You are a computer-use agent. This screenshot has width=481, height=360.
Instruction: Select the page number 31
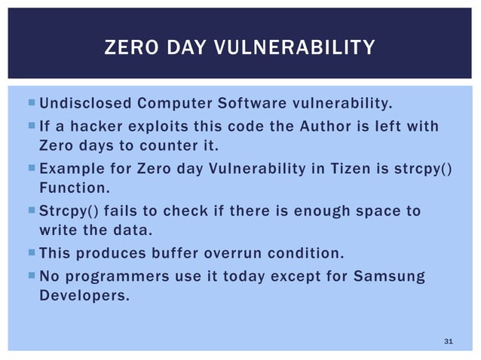(x=448, y=343)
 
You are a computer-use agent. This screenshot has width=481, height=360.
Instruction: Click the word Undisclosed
(x=82, y=103)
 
